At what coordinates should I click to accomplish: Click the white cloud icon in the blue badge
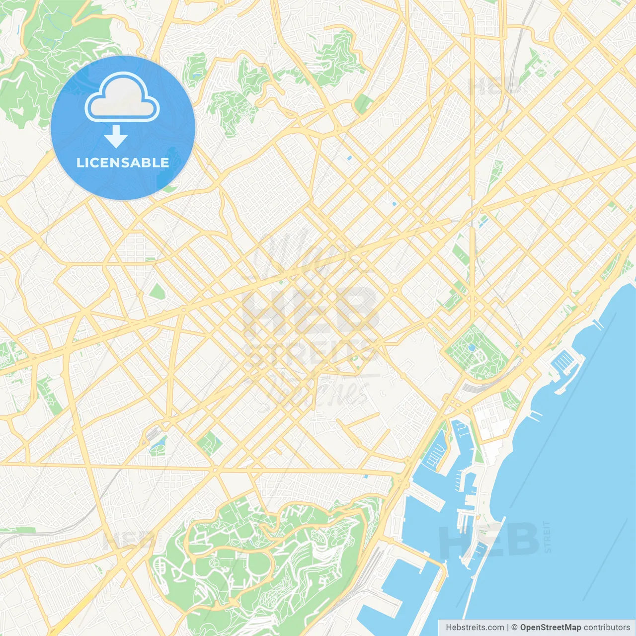tap(122, 97)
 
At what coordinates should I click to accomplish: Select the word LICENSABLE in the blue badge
tap(123, 162)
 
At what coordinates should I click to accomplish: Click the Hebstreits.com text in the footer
tap(475, 628)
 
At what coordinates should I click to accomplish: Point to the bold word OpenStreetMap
tap(550, 628)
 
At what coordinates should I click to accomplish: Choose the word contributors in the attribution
tap(606, 628)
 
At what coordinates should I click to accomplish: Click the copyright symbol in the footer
tap(515, 628)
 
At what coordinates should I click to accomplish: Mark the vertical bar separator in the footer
tap(508, 628)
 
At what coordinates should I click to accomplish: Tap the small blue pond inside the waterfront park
tap(472, 348)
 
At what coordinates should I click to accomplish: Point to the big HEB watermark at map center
tap(311, 311)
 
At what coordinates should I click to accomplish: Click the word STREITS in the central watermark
tap(311, 353)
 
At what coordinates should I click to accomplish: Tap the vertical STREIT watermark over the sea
tap(547, 537)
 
